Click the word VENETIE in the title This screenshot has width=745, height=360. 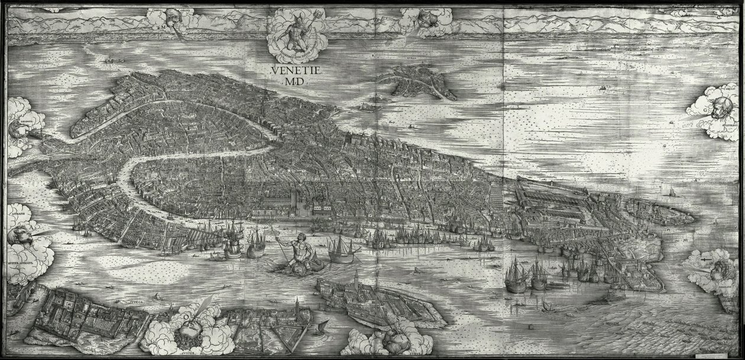(x=295, y=70)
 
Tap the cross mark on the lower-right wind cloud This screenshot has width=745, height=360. (x=704, y=258)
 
